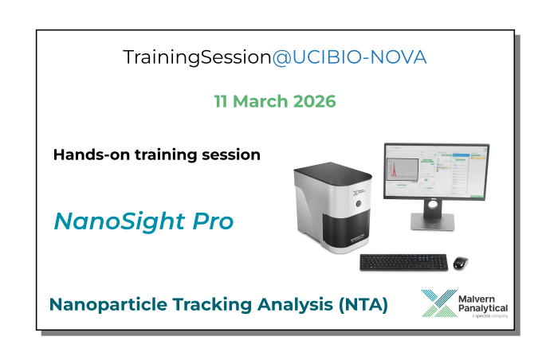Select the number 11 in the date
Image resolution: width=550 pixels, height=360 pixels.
(x=222, y=102)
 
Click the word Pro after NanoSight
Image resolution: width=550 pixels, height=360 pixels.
(x=211, y=221)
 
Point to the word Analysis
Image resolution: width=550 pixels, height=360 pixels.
(x=296, y=304)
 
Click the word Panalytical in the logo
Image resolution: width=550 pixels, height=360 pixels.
(x=483, y=308)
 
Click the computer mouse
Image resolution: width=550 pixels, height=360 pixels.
(x=461, y=262)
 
